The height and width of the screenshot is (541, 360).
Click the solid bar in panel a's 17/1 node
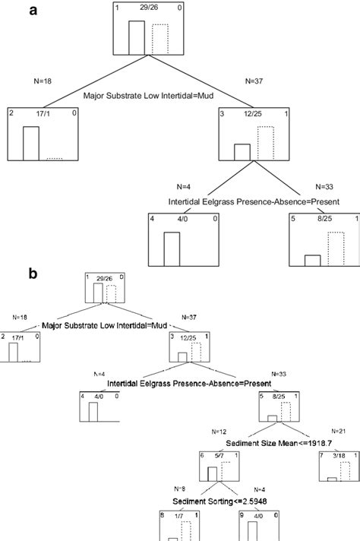(x=31, y=143)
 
